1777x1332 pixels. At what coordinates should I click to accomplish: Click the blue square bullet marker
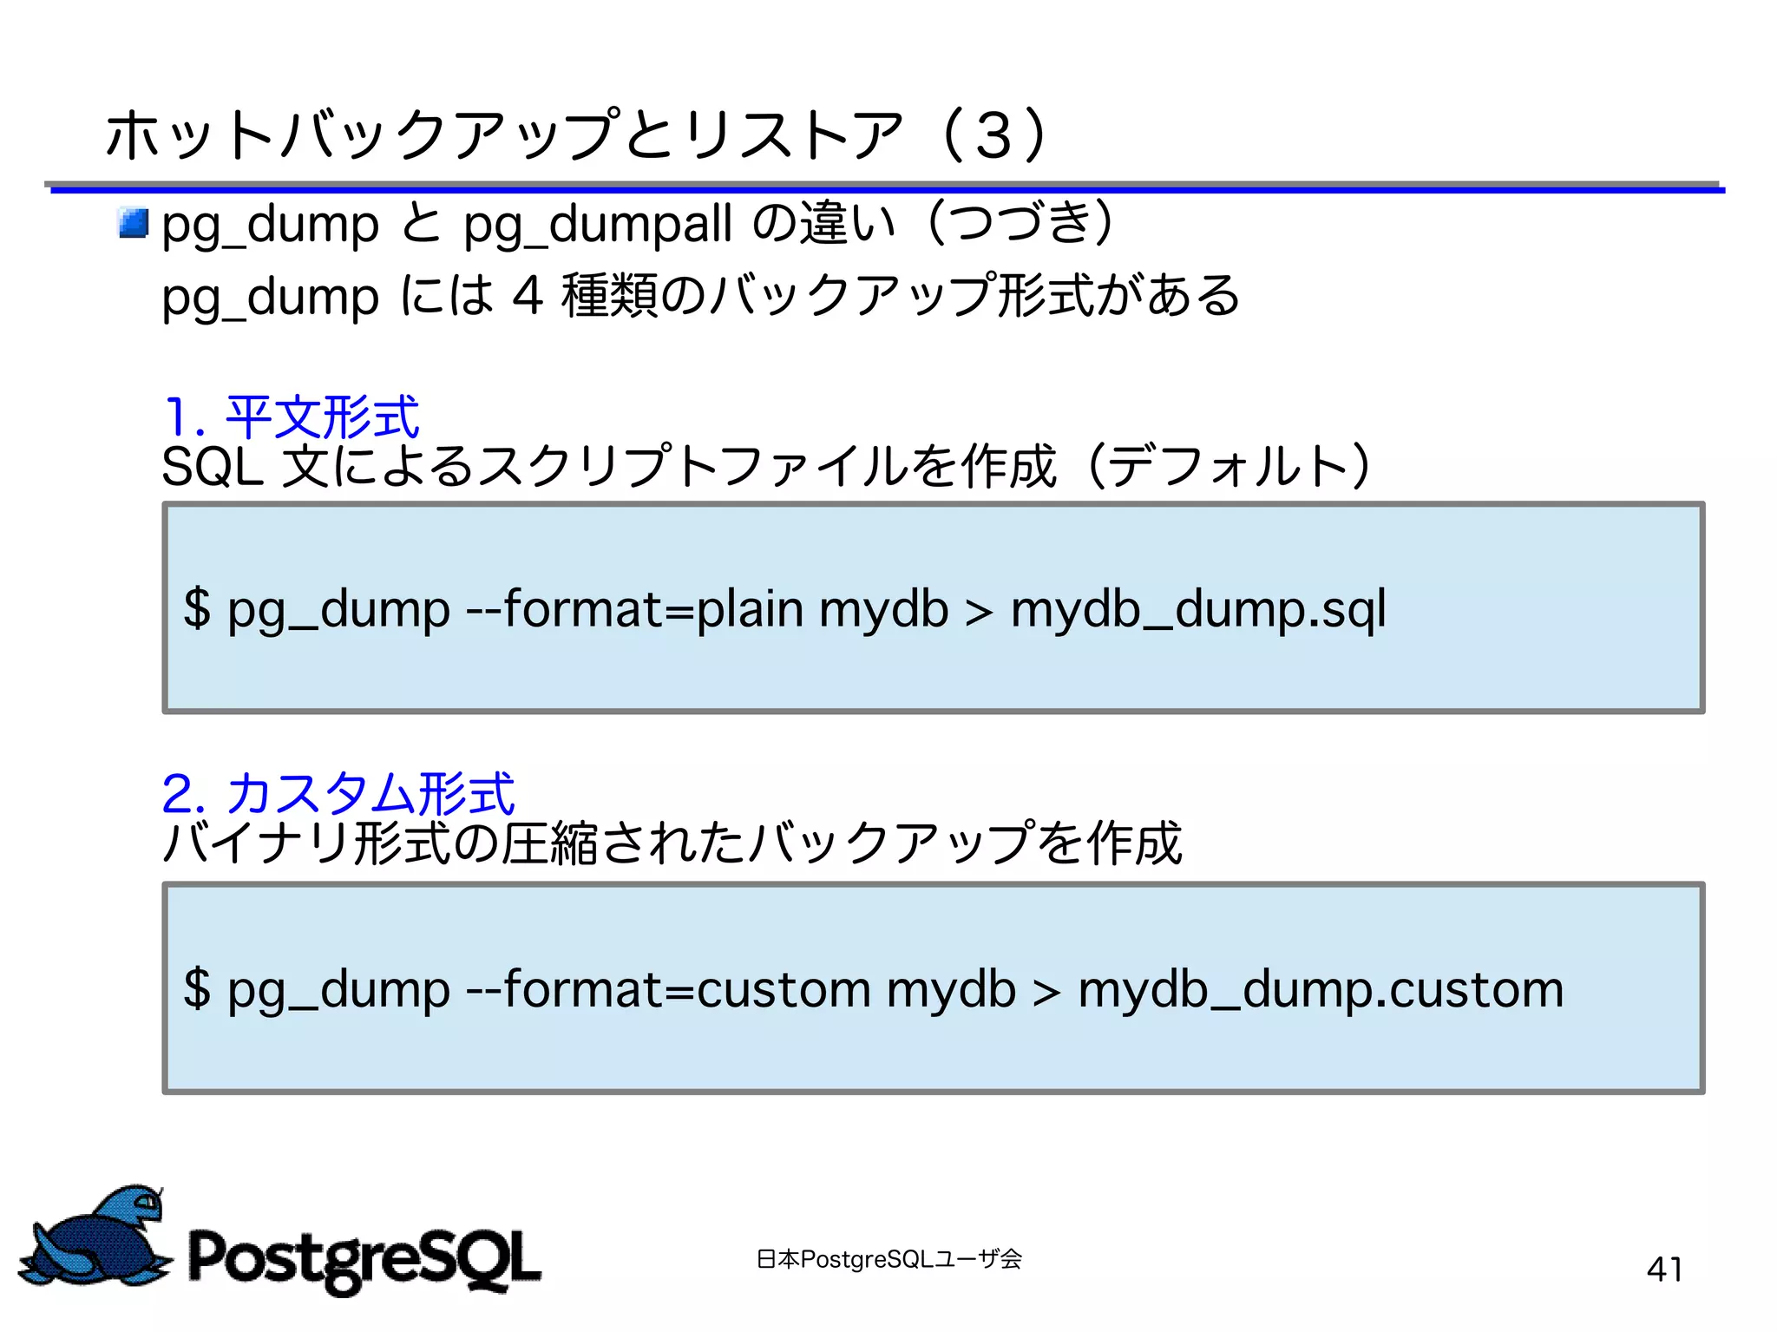(134, 223)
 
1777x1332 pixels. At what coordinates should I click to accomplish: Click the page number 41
(1664, 1269)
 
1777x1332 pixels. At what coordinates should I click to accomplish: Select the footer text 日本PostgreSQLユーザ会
(888, 1258)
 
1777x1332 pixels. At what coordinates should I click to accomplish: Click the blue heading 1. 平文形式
(292, 417)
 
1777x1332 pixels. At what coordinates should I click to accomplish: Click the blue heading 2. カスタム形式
(338, 793)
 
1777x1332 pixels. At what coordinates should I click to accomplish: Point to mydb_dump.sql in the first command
(1198, 609)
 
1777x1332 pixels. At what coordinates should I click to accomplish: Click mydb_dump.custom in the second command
(1321, 989)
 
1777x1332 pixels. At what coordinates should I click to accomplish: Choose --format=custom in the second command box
(667, 989)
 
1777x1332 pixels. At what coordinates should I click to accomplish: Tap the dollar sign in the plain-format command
(198, 609)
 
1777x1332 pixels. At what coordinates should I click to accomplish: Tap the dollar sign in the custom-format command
(198, 989)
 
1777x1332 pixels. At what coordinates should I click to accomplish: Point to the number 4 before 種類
(528, 296)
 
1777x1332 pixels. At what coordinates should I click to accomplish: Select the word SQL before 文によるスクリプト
(212, 467)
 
